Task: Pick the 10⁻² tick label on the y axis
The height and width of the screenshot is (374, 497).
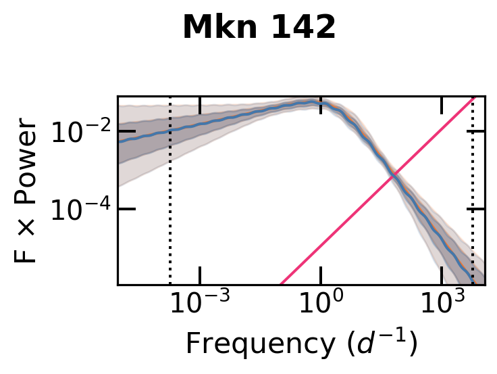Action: pyautogui.click(x=79, y=133)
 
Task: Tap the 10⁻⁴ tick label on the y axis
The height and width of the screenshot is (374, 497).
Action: pyautogui.click(x=79, y=210)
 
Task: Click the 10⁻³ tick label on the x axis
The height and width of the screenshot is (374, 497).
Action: pyautogui.click(x=200, y=304)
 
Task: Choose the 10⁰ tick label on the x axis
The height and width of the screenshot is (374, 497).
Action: pyautogui.click(x=320, y=304)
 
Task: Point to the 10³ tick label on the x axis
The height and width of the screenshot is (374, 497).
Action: pyautogui.click(x=441, y=304)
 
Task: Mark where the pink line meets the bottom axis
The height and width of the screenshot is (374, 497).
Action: pyautogui.click(x=281, y=284)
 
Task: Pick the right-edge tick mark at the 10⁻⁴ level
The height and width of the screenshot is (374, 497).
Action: pyautogui.click(x=479, y=209)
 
